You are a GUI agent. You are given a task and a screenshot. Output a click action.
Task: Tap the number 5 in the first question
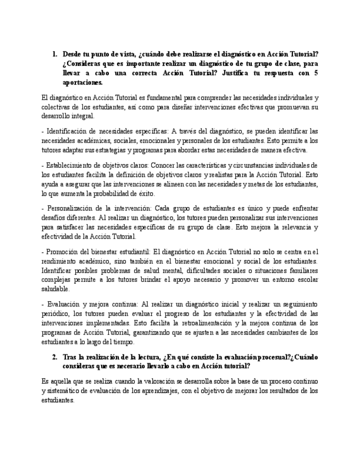315,73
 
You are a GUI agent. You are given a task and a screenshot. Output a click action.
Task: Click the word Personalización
71,208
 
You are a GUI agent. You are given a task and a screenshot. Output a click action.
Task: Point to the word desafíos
53,218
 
